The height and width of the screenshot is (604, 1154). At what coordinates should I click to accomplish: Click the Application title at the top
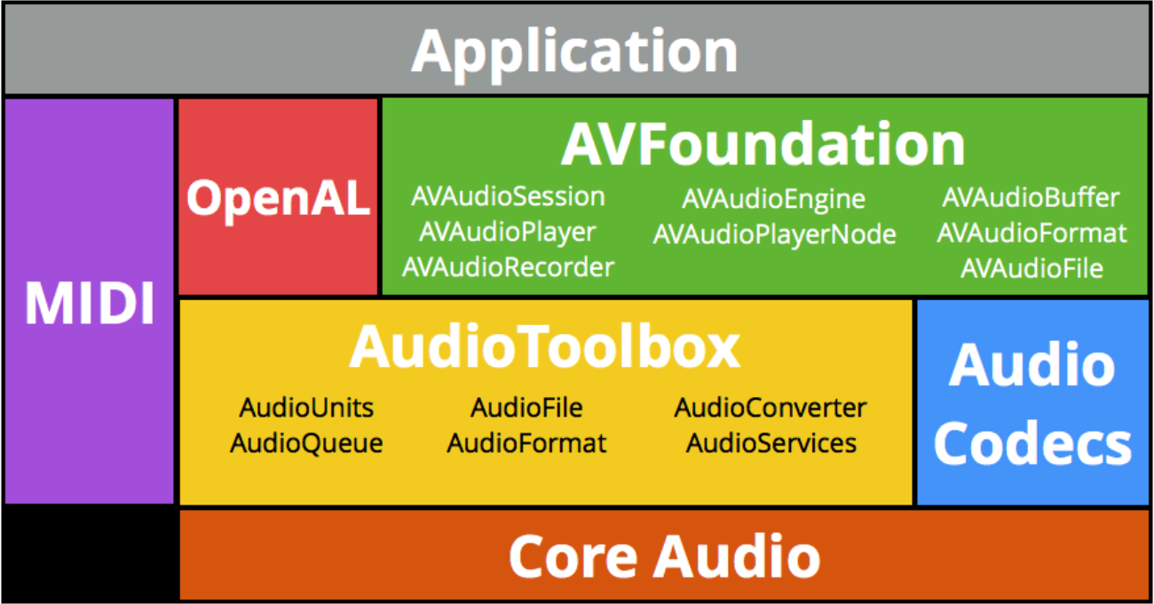(x=574, y=51)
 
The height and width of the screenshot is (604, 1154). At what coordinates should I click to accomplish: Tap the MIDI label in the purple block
(x=89, y=303)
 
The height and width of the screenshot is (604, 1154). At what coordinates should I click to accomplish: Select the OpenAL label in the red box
(x=278, y=198)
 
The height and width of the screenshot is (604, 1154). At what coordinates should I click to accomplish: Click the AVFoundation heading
(x=763, y=145)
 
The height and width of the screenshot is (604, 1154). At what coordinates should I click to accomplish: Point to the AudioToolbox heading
(x=544, y=346)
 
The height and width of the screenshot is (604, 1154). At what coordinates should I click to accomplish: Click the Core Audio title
(x=664, y=556)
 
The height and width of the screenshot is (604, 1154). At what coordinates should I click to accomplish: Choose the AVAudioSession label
(x=508, y=196)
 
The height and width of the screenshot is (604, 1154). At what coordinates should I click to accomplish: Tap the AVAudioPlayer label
(x=508, y=232)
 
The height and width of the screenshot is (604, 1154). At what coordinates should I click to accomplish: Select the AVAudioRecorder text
(x=508, y=266)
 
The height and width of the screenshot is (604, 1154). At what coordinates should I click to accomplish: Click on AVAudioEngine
(x=773, y=199)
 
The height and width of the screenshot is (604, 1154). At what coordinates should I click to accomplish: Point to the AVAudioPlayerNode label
(x=774, y=234)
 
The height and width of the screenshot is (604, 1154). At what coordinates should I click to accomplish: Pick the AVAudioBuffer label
(x=1031, y=197)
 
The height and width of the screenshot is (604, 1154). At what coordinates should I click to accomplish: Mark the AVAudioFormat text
(x=1031, y=233)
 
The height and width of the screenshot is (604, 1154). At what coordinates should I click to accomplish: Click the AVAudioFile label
(x=1031, y=267)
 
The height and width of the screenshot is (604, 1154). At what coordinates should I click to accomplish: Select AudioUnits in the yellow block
(x=306, y=408)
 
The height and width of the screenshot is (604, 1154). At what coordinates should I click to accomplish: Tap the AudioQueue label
(x=306, y=442)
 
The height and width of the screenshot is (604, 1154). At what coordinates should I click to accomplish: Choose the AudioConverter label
(x=771, y=408)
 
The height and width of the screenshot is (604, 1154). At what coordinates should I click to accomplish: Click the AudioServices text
(x=771, y=442)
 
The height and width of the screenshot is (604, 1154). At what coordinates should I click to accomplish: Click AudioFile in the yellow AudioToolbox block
(x=526, y=408)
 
